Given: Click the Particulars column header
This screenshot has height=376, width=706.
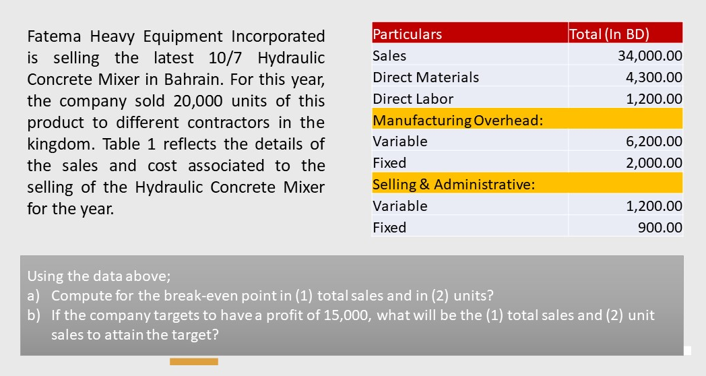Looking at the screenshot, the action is coord(407,34).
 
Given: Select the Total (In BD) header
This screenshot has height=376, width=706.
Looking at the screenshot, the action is coord(609,34).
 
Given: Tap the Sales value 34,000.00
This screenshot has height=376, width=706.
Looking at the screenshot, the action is coord(649,56).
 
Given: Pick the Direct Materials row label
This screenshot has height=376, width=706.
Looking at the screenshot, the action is coord(426,77).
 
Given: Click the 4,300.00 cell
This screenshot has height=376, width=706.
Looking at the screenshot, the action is coord(653,77).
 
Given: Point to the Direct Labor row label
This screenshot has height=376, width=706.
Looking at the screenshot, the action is coord(413,99).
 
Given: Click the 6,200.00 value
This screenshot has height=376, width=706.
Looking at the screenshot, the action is coord(653,142).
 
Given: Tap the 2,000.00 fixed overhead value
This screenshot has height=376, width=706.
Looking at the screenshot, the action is coord(653,163).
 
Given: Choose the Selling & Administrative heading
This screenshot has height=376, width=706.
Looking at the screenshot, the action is coord(454,185).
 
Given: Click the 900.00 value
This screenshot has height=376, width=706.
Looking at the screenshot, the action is coord(660,227).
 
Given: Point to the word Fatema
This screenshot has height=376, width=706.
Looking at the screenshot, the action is coord(54,36).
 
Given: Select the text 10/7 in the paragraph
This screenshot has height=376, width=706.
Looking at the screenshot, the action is coord(225,58).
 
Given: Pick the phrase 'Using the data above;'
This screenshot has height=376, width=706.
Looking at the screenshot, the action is coord(99,276).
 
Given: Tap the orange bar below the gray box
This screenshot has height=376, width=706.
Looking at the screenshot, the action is coord(194,362).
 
